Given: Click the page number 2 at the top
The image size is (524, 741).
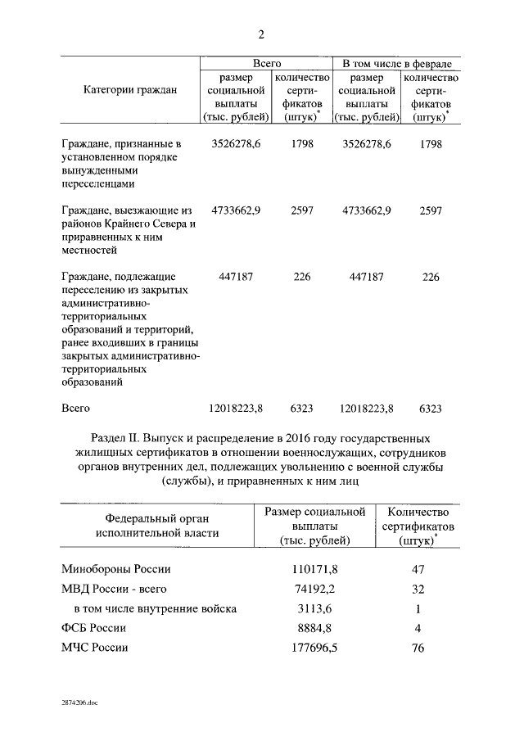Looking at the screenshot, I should pyautogui.click(x=261, y=34).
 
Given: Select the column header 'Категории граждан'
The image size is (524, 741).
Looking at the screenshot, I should pyautogui.click(x=130, y=91).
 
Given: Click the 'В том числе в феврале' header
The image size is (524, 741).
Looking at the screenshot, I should pyautogui.click(x=396, y=63).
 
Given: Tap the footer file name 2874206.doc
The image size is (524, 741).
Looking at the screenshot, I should pyautogui.click(x=78, y=703).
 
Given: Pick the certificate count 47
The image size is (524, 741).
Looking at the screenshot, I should pyautogui.click(x=418, y=569).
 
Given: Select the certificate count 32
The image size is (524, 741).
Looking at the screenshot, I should pyautogui.click(x=418, y=589).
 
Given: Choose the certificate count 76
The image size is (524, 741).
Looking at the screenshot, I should pyautogui.click(x=418, y=648).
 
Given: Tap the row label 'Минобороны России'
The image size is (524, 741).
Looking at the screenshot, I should pyautogui.click(x=116, y=569).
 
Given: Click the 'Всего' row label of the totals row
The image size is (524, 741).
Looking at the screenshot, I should pyautogui.click(x=76, y=407).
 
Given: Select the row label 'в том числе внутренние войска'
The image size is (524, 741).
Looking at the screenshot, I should pyautogui.click(x=155, y=608).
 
